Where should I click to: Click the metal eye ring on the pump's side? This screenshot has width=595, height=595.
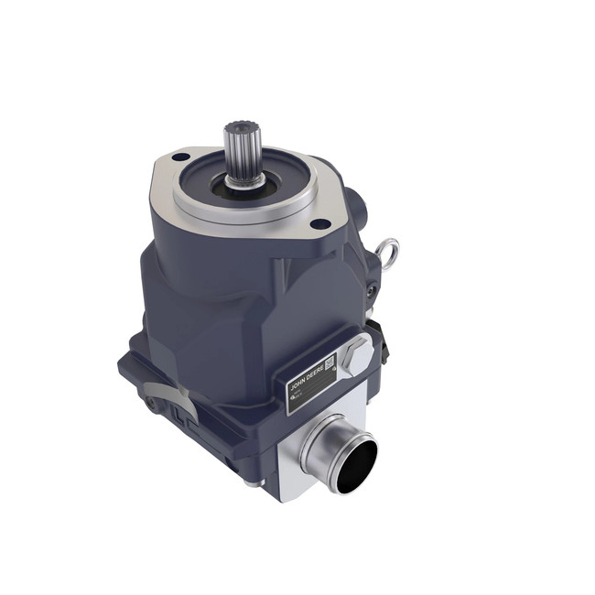[388, 249]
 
